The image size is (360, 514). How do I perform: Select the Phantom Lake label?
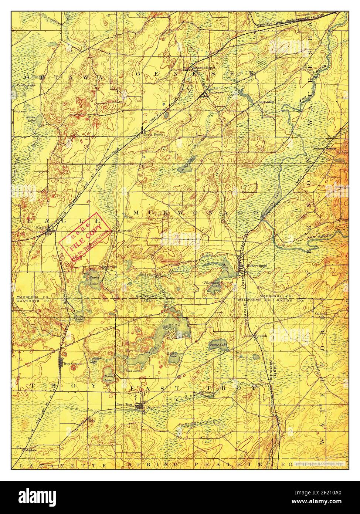(x=212, y=284)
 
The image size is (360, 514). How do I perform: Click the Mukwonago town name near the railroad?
(x=257, y=266)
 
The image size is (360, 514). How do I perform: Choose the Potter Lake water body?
(x=215, y=342)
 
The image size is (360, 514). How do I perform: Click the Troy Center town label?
(x=72, y=364)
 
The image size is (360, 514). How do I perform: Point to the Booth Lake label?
(x=108, y=378)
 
